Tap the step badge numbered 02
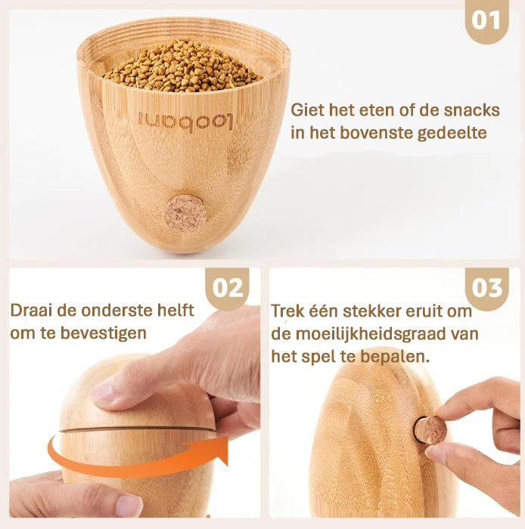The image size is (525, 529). pos(228,288)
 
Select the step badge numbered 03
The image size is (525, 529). pos(487,288)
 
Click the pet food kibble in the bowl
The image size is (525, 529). pos(183,64)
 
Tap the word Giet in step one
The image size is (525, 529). pos(306,110)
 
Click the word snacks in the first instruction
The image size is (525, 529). pos(472,110)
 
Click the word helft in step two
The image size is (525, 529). pos(174,311)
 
